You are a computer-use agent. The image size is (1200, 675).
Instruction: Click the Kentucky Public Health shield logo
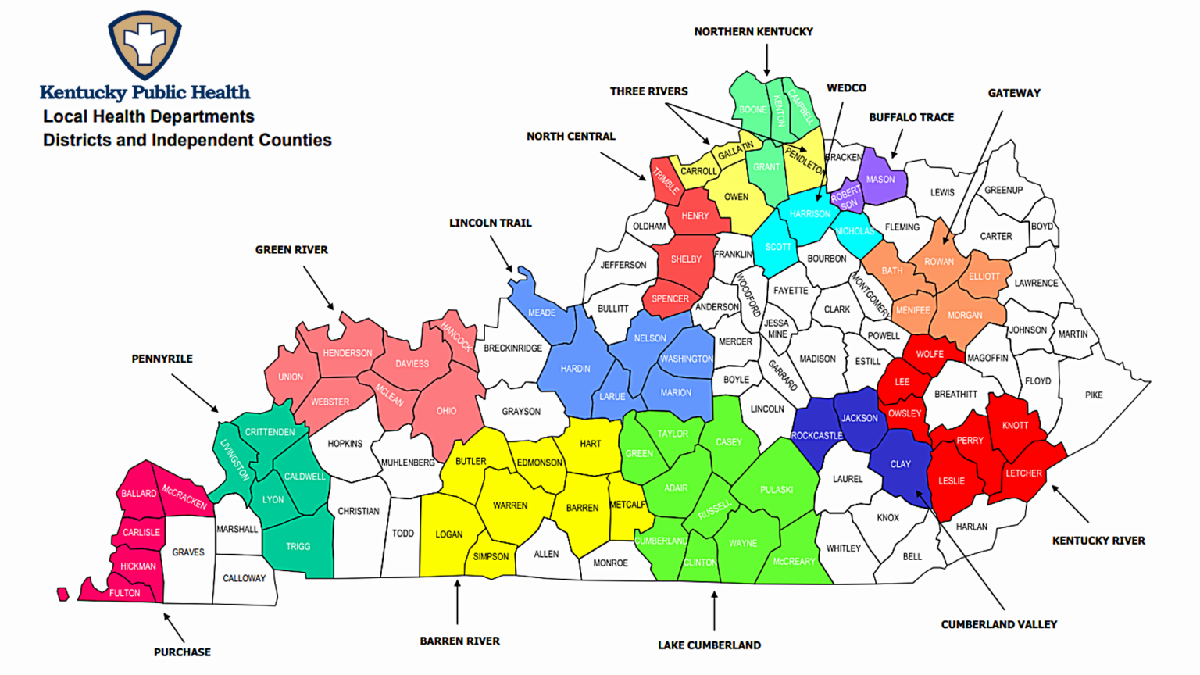pyautogui.click(x=145, y=44)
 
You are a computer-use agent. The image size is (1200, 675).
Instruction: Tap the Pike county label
pyautogui.click(x=1094, y=395)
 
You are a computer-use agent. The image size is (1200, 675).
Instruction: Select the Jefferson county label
pyautogui.click(x=623, y=265)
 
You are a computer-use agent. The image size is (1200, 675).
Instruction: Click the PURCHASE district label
pyautogui.click(x=182, y=652)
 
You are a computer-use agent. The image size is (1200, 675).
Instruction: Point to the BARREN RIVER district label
pyautogui.click(x=459, y=641)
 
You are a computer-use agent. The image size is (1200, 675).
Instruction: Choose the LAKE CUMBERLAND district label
pyautogui.click(x=709, y=645)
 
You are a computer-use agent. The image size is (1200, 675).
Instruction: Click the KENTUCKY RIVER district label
pyautogui.click(x=1098, y=540)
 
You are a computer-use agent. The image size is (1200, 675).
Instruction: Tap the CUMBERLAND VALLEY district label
pyautogui.click(x=998, y=624)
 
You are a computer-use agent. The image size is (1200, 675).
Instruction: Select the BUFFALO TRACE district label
pyautogui.click(x=911, y=117)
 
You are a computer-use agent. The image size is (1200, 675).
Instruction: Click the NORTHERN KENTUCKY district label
pyautogui.click(x=753, y=31)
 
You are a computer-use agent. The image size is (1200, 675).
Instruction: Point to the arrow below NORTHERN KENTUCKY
pyautogui.click(x=766, y=59)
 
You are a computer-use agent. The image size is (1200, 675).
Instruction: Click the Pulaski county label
pyautogui.click(x=777, y=490)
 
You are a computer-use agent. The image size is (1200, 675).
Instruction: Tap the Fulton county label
pyautogui.click(x=124, y=593)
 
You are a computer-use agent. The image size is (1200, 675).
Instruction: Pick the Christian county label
pyautogui.click(x=358, y=511)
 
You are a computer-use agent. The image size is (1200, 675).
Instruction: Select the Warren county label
pyautogui.click(x=509, y=505)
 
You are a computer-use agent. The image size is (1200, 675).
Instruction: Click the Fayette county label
pyautogui.click(x=791, y=290)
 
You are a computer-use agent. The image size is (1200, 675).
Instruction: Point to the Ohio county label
pyautogui.click(x=446, y=410)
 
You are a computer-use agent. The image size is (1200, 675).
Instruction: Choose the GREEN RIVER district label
pyautogui.click(x=291, y=249)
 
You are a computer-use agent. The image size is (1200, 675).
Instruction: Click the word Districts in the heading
pyautogui.click(x=75, y=140)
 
